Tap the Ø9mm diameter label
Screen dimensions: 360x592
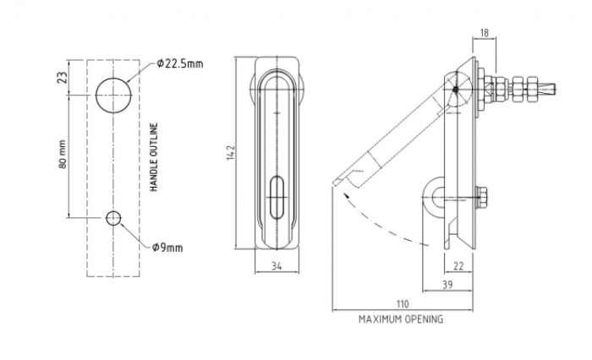pyautogui.click(x=168, y=248)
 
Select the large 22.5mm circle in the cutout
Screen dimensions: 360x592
pyautogui.click(x=112, y=95)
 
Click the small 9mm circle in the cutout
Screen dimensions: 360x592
pyautogui.click(x=113, y=219)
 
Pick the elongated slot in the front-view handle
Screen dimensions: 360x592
pyautogui.click(x=276, y=197)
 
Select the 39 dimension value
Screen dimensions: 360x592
pyautogui.click(x=446, y=286)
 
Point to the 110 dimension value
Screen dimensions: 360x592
pyautogui.click(x=402, y=303)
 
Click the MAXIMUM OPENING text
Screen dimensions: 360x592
pyautogui.click(x=401, y=320)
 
